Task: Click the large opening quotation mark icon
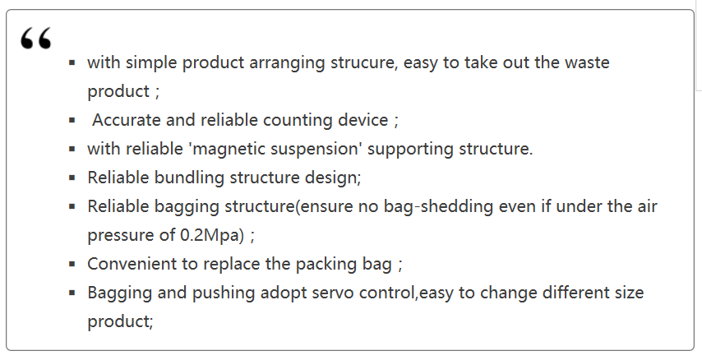coord(36,38)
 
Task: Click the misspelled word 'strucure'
coord(363,62)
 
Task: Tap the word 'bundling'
coord(189,178)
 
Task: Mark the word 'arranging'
coord(287,63)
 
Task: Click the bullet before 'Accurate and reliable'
coord(72,120)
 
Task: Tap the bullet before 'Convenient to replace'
coord(72,264)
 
